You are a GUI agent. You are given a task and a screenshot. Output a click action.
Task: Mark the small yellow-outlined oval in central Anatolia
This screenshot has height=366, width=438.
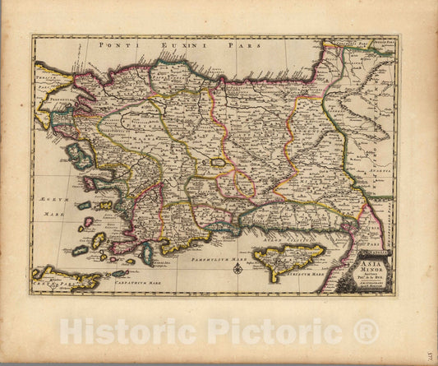point(219,164)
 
